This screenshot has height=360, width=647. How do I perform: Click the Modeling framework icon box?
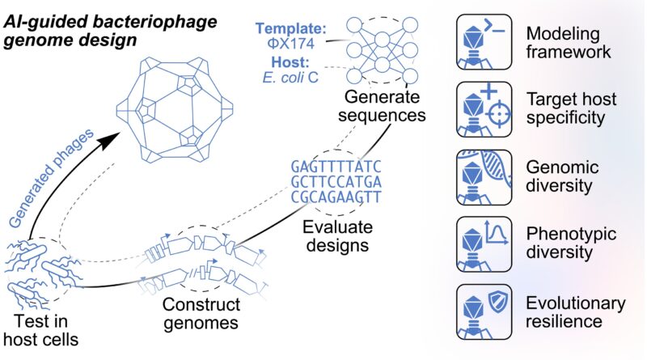pyautogui.click(x=484, y=42)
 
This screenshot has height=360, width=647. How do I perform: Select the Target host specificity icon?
pyautogui.click(x=484, y=109)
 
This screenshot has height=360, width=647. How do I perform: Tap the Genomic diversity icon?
pyautogui.click(x=484, y=177)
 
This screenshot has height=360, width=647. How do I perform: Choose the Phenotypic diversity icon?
pyautogui.click(x=484, y=244)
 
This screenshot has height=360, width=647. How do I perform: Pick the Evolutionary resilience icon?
pyautogui.click(x=484, y=311)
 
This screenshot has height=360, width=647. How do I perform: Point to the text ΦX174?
pyautogui.click(x=291, y=44)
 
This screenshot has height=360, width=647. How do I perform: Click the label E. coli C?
pyautogui.click(x=290, y=77)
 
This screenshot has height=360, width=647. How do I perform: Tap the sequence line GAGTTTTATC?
pyautogui.click(x=336, y=167)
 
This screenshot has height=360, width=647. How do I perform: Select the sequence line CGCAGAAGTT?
pyautogui.click(x=336, y=197)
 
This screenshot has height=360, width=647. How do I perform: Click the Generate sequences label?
pyautogui.click(x=382, y=106)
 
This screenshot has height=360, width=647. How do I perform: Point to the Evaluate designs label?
pyautogui.click(x=337, y=235)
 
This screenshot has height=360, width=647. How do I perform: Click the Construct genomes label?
pyautogui.click(x=201, y=313)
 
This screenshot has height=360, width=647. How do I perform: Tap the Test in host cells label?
pyautogui.click(x=40, y=330)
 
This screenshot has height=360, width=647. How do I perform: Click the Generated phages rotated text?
pyautogui.click(x=51, y=178)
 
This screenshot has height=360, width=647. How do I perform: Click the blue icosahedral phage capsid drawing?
pyautogui.click(x=175, y=109)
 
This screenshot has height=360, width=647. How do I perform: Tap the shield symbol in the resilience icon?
pyautogui.click(x=498, y=302)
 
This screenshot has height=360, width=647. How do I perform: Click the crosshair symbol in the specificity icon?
pyautogui.click(x=498, y=113)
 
